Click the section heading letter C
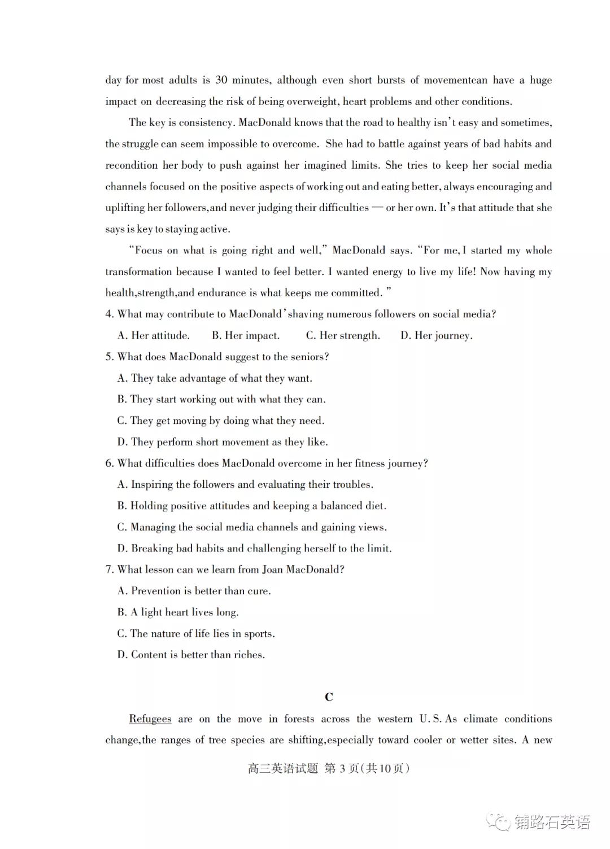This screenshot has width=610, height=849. [329, 697]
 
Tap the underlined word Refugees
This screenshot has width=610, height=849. [150, 719]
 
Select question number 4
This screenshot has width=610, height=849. [109, 314]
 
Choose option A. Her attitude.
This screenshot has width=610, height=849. [153, 335]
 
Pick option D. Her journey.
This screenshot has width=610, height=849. [436, 335]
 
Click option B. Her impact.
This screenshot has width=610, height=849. [245, 335]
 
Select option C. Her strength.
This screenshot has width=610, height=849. [343, 335]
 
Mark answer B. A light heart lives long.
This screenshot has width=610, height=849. [178, 612]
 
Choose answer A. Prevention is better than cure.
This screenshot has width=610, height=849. [194, 591]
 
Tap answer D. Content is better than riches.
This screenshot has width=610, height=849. [191, 655]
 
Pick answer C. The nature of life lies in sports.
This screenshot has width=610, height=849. [196, 633]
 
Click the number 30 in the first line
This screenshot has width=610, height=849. [221, 80]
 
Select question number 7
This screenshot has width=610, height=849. [109, 570]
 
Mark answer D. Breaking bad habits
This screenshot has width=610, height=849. [254, 549]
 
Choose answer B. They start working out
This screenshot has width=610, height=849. [221, 400]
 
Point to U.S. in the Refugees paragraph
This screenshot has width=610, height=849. [430, 719]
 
